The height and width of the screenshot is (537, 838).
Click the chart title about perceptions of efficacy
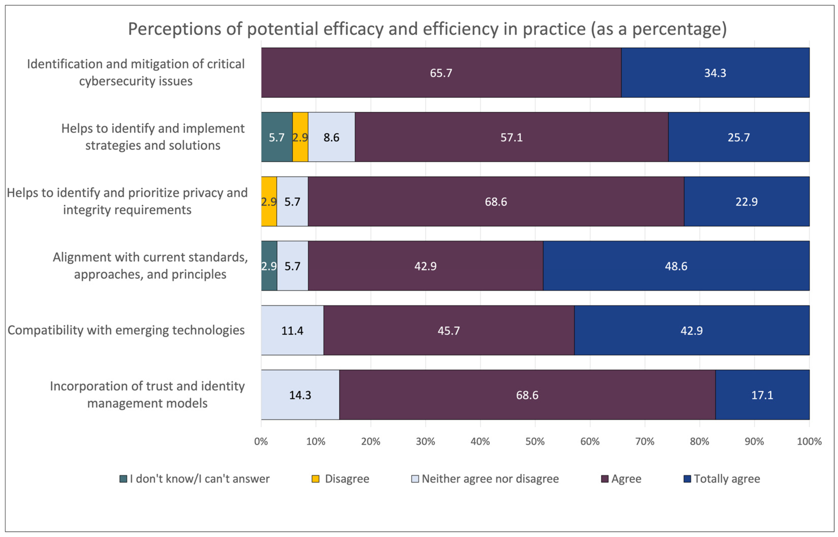[427, 29]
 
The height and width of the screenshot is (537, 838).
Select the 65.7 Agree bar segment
[441, 73]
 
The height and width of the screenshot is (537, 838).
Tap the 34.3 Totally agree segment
[715, 73]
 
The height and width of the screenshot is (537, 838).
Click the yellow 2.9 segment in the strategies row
[300, 137]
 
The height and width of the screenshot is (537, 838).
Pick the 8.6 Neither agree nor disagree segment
[331, 137]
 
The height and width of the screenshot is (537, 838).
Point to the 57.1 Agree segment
[511, 137]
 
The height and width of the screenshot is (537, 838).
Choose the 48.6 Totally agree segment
[676, 266]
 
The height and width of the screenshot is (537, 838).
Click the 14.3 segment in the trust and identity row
[300, 395]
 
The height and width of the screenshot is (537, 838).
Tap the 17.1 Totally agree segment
[762, 395]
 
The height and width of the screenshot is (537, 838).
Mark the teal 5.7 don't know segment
[276, 137]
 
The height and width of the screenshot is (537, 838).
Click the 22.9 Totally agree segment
[746, 201]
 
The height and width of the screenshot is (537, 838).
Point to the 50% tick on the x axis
[535, 442]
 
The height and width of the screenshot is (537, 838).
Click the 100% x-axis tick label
[809, 442]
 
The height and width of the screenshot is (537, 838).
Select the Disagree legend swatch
[315, 479]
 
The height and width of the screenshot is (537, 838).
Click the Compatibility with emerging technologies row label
[126, 330]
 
